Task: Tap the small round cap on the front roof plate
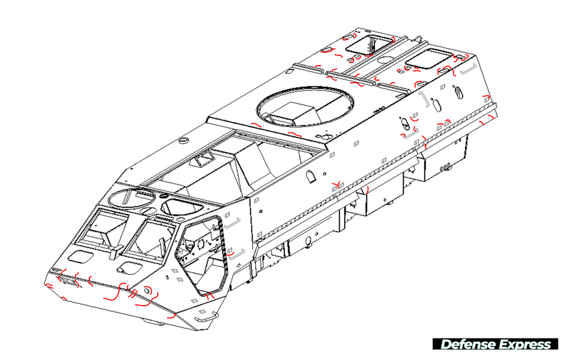click(181, 141)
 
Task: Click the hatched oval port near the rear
click(458, 93)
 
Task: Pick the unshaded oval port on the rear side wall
click(437, 102)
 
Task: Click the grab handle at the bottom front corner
click(206, 321)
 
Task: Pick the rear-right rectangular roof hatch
click(429, 59)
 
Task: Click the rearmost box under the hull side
click(444, 157)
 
